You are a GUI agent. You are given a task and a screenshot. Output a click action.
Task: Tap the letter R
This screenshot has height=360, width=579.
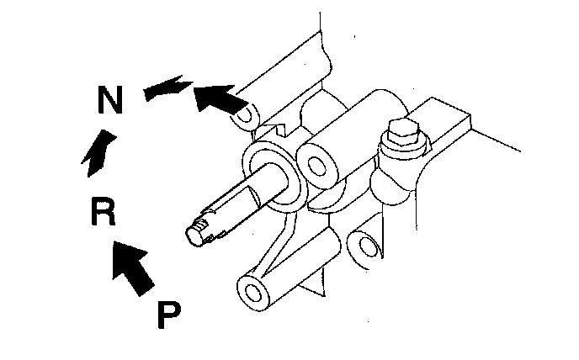[103, 213]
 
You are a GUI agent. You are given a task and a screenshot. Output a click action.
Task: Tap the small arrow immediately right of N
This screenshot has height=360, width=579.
[163, 89]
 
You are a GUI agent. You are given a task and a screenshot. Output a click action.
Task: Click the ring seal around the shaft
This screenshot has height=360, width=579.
[272, 173]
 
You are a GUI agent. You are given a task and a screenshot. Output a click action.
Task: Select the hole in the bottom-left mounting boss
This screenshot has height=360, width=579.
[252, 292]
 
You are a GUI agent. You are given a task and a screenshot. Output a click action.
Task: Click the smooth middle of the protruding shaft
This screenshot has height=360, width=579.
[252, 198]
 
